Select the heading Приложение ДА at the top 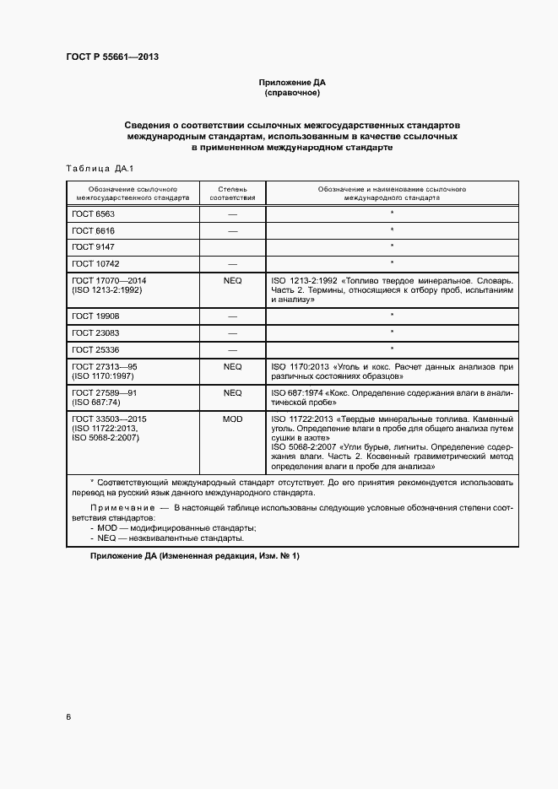(x=291, y=83)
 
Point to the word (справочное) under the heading (x=291, y=93)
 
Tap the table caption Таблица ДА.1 (x=95, y=169)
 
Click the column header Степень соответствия (x=232, y=194)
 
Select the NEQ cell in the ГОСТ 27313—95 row (x=232, y=366)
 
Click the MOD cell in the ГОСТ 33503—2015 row (x=232, y=419)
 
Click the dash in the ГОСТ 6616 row (x=232, y=230)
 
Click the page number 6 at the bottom (x=68, y=717)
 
